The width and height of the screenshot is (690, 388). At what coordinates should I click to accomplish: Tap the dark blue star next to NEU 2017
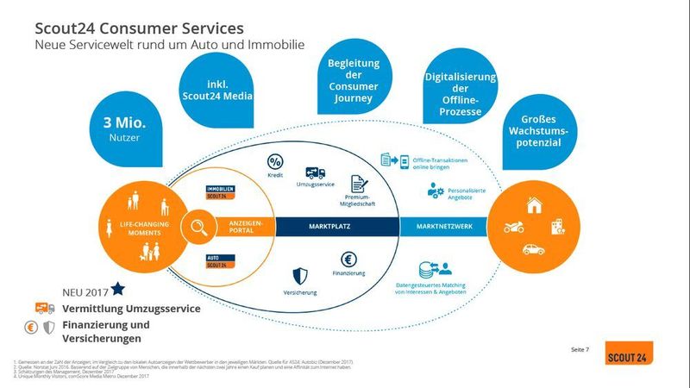coord(117,288)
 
